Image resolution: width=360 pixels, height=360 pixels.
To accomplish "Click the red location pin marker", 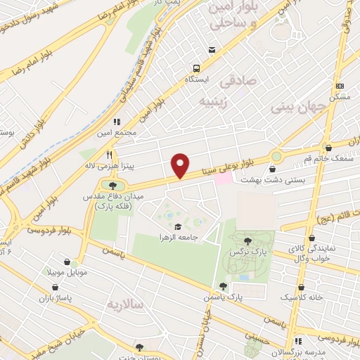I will [181, 165].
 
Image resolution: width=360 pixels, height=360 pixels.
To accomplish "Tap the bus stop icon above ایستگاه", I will [198, 68].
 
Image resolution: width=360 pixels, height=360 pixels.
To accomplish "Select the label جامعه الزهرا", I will [179, 238].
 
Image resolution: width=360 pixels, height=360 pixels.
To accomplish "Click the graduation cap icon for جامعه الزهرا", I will [178, 226].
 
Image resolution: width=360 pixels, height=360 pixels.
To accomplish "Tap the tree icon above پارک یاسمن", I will [223, 286].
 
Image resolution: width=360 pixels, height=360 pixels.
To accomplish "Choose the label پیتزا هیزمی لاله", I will [124, 166].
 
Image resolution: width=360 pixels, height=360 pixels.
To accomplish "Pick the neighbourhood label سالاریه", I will [123, 305].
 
